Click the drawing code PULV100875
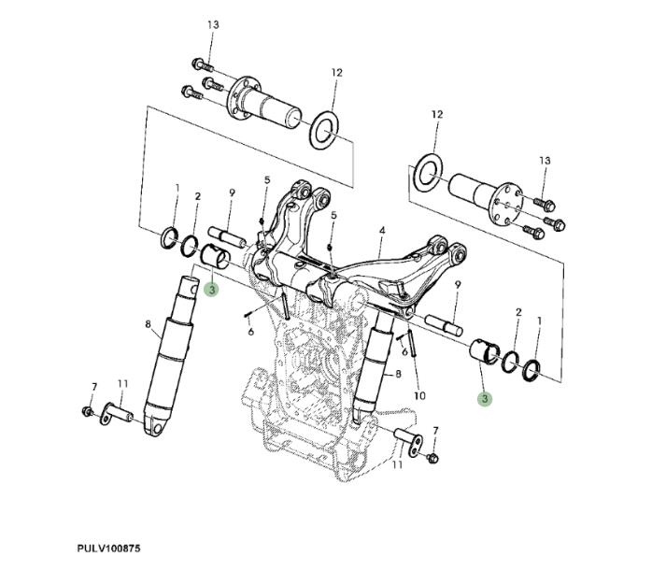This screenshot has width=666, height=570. point(109,548)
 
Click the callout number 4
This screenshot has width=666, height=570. point(382,229)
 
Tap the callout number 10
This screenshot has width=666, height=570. point(419,395)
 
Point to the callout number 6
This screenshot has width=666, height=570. point(250,332)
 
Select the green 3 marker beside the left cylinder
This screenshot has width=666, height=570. point(212,291)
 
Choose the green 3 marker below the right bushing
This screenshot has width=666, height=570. point(484,399)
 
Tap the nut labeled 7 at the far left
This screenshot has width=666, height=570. point(87,411)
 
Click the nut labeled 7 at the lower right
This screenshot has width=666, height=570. point(432,458)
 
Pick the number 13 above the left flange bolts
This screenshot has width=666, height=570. point(213,23)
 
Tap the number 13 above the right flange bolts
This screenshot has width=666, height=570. point(545,161)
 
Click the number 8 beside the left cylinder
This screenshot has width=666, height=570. point(148,324)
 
